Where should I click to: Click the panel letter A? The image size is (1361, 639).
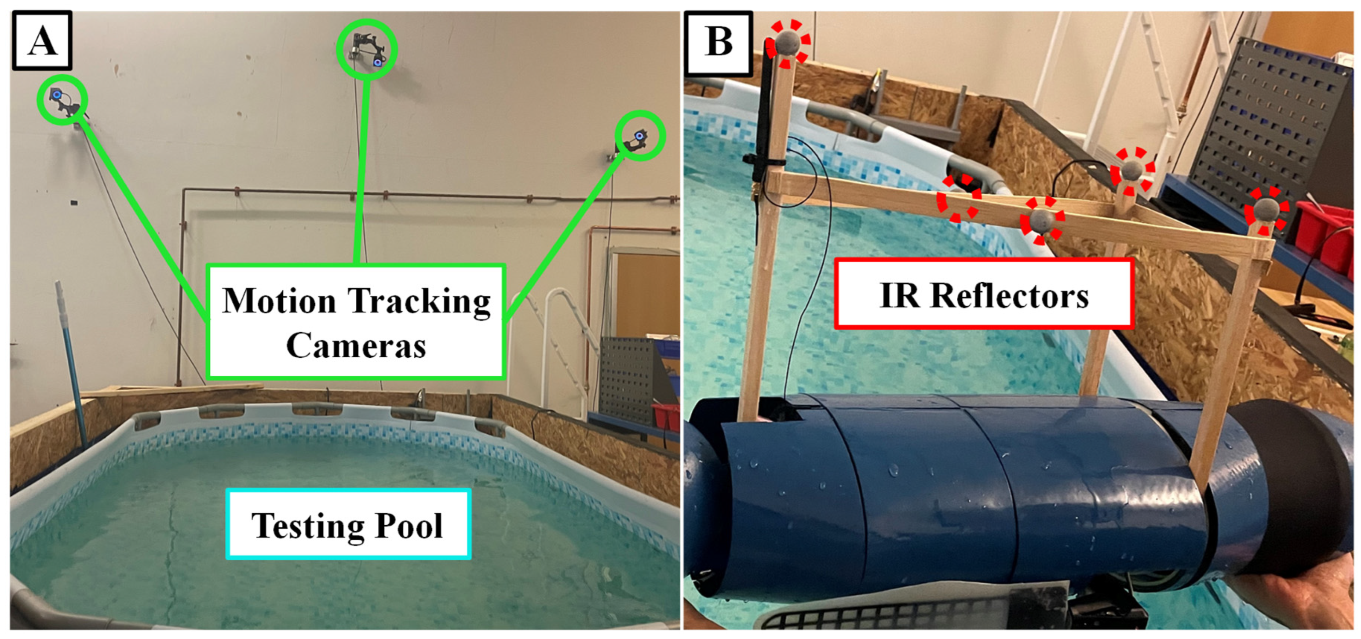(42, 41)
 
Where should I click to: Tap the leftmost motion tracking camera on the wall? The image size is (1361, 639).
(62, 100)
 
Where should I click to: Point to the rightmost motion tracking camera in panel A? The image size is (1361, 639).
(639, 137)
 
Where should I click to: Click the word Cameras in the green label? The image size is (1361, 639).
(356, 346)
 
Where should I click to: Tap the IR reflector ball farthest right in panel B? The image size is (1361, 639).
(1266, 210)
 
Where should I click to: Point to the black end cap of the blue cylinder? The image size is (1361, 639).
(1279, 491)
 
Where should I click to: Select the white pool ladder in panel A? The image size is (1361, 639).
(566, 338)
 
